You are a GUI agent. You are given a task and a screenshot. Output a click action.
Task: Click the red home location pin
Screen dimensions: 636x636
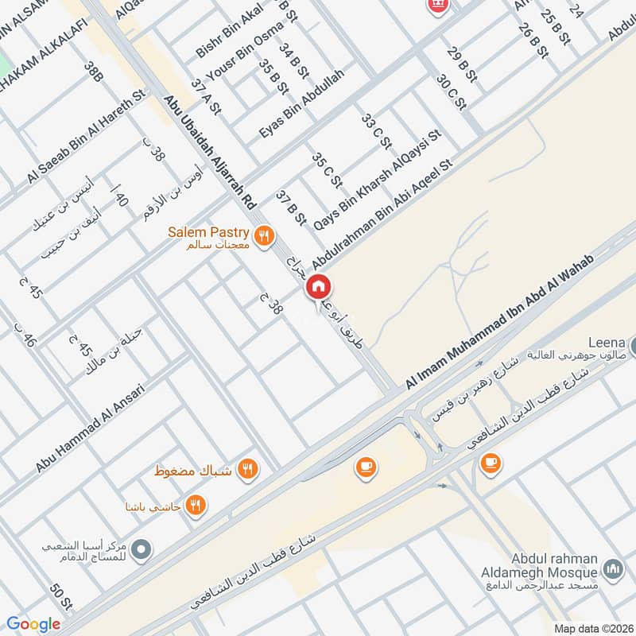point(318,286)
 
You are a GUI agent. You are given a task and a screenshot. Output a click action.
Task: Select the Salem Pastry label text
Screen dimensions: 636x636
point(208,232)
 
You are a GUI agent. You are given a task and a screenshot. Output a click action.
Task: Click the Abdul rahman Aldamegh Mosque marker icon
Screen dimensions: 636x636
point(612,569)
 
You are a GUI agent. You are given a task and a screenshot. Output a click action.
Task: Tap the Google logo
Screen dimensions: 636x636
point(33,624)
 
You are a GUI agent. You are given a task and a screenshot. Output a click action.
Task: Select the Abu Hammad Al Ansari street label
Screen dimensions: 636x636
point(89,429)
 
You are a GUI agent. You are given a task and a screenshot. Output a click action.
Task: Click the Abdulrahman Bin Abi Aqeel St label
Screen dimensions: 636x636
point(382,215)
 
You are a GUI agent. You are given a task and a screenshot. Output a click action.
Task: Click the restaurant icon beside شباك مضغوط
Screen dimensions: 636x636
point(249,469)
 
